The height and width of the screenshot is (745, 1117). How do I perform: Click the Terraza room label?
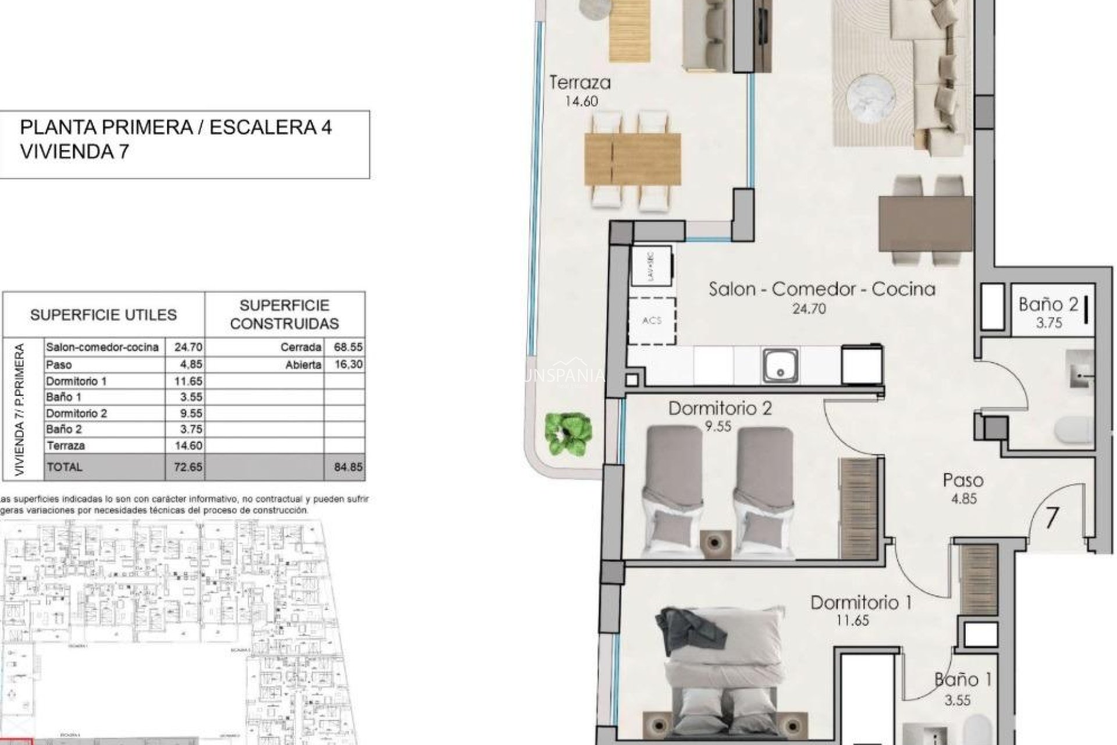pyautogui.click(x=580, y=83)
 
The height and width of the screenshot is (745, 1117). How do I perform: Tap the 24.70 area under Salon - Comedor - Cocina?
pyautogui.click(x=809, y=309)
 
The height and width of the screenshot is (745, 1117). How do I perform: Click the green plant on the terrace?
pyautogui.click(x=568, y=434)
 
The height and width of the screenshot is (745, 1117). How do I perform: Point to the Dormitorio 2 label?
pyautogui.click(x=720, y=408)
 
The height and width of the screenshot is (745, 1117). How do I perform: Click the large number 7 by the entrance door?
pyautogui.click(x=1051, y=517)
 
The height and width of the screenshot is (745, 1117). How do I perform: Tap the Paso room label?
pyautogui.click(x=963, y=480)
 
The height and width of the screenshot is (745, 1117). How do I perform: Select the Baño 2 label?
pyautogui.click(x=1048, y=304)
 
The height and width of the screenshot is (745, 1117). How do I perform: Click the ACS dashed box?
pyautogui.click(x=652, y=321)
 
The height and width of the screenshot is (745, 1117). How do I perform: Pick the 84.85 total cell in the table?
pyautogui.click(x=348, y=467)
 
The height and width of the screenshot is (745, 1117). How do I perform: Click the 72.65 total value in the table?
pyautogui.click(x=187, y=467)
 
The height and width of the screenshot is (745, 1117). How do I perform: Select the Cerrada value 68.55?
pyautogui.click(x=348, y=347)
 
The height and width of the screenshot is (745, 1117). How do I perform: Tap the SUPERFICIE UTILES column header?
pyautogui.click(x=104, y=315)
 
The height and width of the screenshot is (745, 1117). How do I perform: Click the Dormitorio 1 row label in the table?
pyautogui.click(x=76, y=381)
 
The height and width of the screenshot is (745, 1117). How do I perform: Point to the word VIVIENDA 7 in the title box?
pyautogui.click(x=74, y=152)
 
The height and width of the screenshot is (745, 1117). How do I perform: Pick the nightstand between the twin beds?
pyautogui.click(x=717, y=541)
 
